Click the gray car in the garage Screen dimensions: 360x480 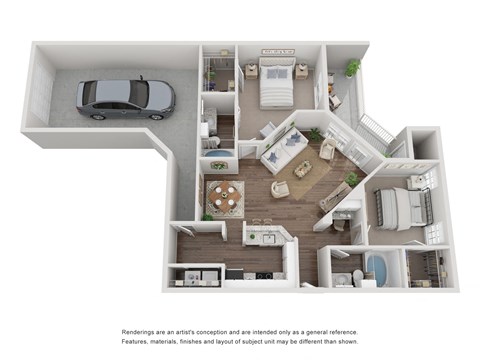click(126, 98)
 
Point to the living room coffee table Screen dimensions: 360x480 click(302, 170)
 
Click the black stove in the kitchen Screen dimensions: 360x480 click(263, 275)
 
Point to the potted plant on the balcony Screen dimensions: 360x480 click(353, 68)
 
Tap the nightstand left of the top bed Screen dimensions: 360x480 click(252, 71)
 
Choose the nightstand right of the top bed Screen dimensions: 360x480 click(301, 71)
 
